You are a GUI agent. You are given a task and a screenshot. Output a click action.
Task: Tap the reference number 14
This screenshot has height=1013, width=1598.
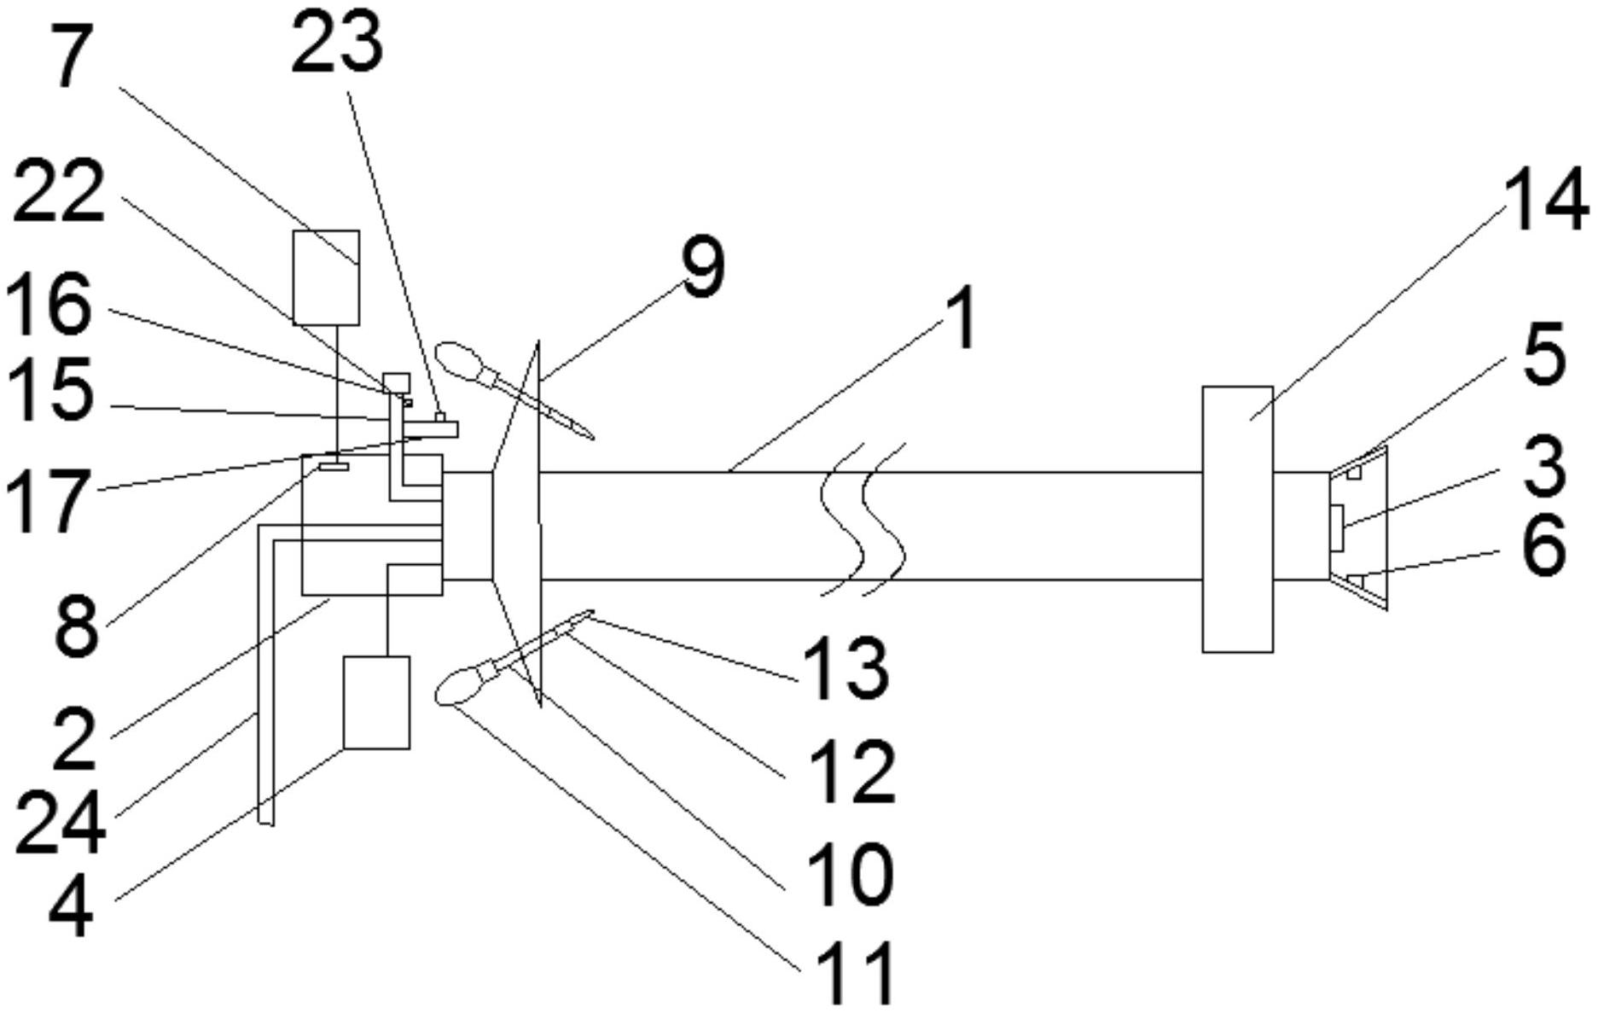1545,201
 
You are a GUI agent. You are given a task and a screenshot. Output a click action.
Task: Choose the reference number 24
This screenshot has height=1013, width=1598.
60,821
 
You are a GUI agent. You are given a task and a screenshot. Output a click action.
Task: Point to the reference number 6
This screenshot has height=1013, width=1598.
1543,546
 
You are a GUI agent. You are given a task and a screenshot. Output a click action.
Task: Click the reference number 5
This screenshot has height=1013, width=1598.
1545,353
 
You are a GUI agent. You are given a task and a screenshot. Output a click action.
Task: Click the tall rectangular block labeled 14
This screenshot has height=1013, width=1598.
1237,519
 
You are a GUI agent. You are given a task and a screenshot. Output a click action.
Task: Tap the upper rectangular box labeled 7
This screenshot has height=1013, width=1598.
326,277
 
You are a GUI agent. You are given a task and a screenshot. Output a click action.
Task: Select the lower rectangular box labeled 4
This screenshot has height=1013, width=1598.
376,702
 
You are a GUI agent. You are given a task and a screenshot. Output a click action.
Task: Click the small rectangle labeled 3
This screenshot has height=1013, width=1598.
1336,527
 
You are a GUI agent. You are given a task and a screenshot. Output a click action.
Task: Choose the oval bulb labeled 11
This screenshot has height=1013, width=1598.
459,686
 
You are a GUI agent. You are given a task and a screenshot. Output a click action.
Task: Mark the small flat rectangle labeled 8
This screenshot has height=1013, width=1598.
334,466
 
